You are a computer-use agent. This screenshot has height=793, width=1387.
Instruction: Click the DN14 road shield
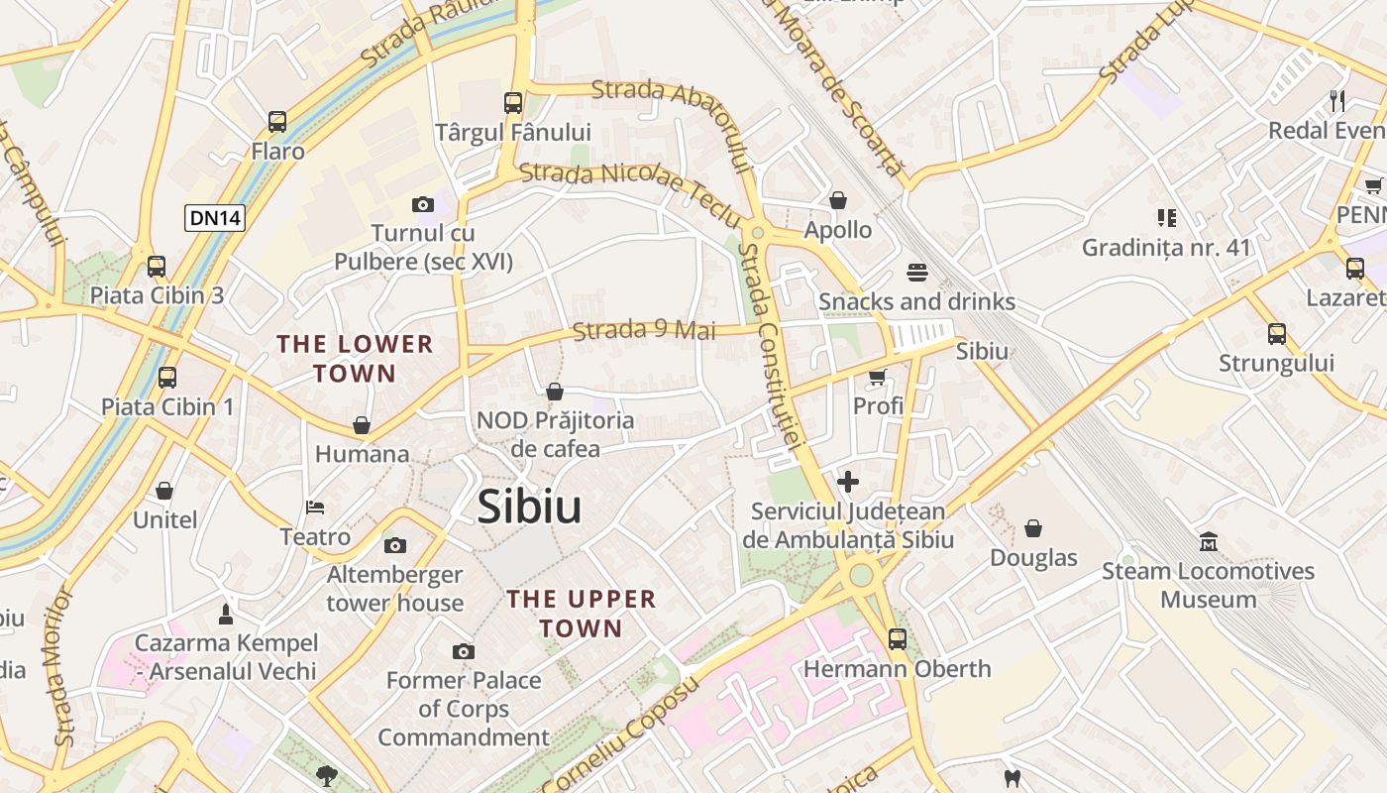214,218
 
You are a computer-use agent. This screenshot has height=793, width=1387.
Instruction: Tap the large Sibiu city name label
529,508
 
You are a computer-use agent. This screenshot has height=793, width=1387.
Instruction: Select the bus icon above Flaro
277,122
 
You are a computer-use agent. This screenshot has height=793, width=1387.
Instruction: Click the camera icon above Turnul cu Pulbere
423,205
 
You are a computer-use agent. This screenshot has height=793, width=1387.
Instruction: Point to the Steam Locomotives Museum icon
1209,542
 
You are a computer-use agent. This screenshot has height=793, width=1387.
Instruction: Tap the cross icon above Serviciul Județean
848,483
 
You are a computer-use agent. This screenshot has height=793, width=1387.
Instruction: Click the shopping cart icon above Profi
877,377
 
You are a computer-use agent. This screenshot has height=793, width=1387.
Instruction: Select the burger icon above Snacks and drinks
916,273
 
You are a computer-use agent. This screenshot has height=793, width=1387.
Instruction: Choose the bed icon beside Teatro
315,508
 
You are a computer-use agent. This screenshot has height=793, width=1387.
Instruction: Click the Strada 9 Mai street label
644,329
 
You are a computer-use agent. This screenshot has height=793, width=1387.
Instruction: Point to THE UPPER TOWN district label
582,614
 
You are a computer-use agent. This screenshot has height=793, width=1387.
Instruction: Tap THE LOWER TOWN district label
355,359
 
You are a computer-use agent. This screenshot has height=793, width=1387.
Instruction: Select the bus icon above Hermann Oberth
898,639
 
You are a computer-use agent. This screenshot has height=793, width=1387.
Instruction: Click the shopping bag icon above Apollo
838,201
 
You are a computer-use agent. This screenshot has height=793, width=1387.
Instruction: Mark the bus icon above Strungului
1277,334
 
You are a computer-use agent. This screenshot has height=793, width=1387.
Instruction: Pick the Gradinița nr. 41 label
1166,248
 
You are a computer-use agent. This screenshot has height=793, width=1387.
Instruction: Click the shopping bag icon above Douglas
1033,528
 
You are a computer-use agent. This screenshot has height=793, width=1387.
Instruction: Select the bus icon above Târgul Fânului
513,102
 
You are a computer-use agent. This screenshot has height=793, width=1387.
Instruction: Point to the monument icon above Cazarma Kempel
226,615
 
